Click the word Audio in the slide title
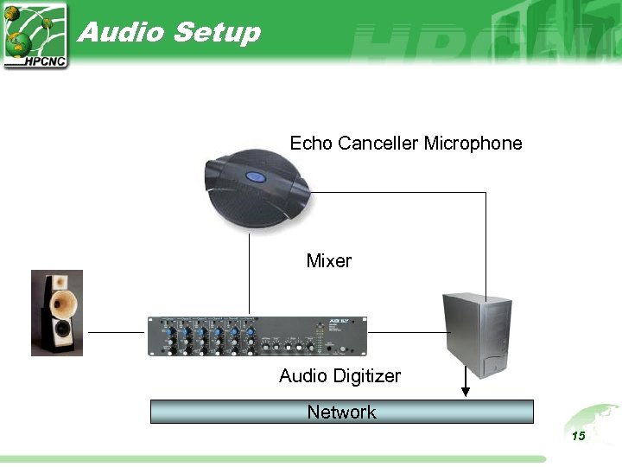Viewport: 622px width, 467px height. click(120, 32)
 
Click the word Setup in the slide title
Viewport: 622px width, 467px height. click(216, 34)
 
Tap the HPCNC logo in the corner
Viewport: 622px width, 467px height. click(35, 35)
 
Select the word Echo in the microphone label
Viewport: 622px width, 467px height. click(311, 143)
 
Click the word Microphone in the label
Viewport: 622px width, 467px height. click(473, 143)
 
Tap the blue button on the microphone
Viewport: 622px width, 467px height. click(256, 177)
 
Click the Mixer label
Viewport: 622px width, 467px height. click(329, 260)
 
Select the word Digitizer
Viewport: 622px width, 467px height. click(368, 376)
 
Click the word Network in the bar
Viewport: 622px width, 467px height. click(342, 412)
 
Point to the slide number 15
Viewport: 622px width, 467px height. click(578, 436)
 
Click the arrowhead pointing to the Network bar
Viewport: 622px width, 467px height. click(466, 392)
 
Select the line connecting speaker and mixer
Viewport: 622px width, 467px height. click(116, 331)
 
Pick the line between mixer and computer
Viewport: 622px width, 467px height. click(404, 331)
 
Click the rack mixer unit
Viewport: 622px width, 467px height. click(257, 336)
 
